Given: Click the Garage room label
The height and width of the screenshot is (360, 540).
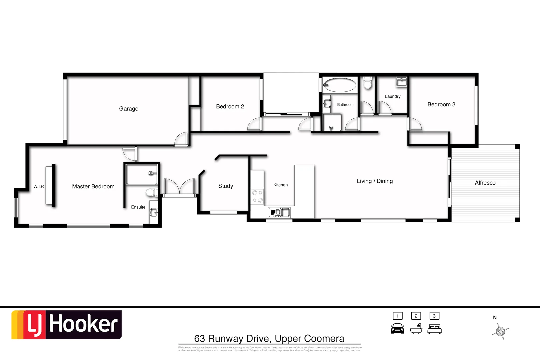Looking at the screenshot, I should [x=129, y=109].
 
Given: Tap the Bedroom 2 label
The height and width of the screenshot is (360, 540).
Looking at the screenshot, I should [x=230, y=107].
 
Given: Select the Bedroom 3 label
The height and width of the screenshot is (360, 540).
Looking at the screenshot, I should [x=441, y=105].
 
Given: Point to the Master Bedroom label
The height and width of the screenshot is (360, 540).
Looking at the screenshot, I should [x=93, y=187].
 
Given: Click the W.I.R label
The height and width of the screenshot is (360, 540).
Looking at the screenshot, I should [x=39, y=187].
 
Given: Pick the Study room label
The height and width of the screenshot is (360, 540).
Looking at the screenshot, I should [x=226, y=186].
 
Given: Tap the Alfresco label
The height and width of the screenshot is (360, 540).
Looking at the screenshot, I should [x=485, y=183].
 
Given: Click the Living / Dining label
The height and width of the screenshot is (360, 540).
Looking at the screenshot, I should [x=375, y=181].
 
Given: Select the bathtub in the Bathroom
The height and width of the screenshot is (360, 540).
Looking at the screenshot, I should [x=340, y=85].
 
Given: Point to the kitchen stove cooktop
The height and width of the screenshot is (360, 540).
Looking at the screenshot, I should [x=257, y=196].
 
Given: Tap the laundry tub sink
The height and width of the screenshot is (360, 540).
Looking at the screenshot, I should [x=401, y=81].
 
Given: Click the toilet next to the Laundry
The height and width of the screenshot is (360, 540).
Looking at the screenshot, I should [x=368, y=83].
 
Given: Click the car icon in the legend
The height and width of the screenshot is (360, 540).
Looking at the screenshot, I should [x=397, y=329].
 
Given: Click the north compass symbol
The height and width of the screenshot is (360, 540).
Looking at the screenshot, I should [x=500, y=331].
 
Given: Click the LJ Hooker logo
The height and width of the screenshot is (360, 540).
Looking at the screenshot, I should [x=67, y=325].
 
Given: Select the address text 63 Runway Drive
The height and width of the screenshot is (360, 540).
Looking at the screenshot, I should [x=269, y=339].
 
